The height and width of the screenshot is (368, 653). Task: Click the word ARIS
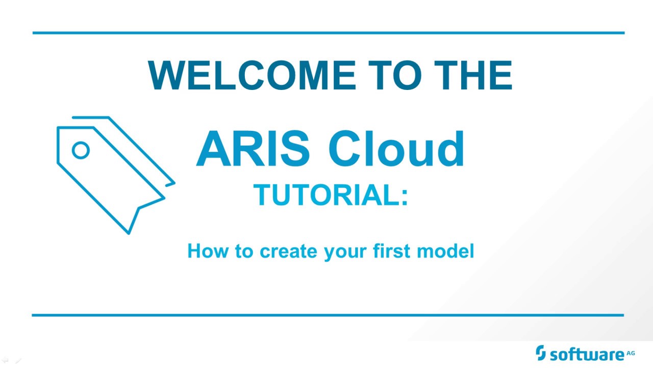pyautogui.click(x=253, y=149)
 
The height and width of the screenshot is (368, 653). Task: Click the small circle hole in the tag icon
pyautogui.click(x=80, y=150)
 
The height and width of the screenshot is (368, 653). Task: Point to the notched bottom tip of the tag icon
pyautogui.click(x=129, y=232)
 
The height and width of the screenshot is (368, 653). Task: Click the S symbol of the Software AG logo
pyautogui.click(x=541, y=353)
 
